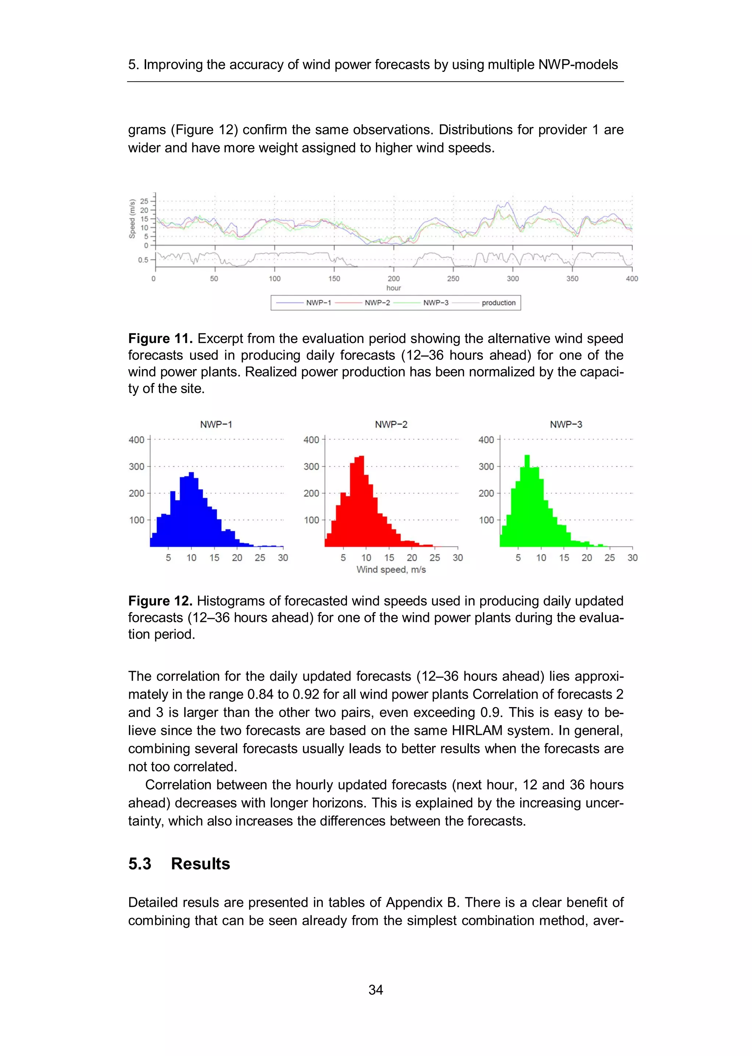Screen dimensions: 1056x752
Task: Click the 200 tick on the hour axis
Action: (x=394, y=278)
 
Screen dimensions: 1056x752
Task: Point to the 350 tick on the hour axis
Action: (x=572, y=278)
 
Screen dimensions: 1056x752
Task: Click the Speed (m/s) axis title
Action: (x=133, y=219)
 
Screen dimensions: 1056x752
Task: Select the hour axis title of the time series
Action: (x=394, y=288)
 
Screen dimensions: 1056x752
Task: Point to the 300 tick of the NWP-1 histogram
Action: (x=137, y=466)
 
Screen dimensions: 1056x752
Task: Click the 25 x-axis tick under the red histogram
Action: (x=434, y=558)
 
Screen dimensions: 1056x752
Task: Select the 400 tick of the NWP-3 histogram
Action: (x=486, y=440)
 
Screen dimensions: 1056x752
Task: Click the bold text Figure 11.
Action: (x=160, y=339)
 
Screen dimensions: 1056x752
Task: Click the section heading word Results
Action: (x=200, y=864)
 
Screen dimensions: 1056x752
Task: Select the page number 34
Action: (x=376, y=990)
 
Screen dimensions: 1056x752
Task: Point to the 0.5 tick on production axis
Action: (x=143, y=260)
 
